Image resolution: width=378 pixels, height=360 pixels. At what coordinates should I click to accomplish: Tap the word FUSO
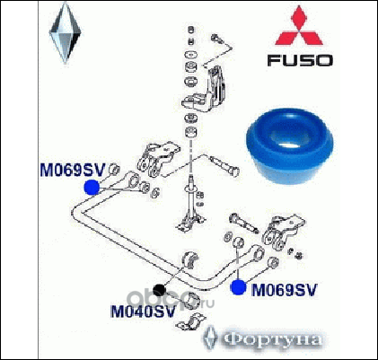point(300,60)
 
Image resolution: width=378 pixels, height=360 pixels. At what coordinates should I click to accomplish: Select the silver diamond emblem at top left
point(66,34)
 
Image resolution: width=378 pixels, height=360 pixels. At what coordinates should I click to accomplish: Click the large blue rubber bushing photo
point(289,146)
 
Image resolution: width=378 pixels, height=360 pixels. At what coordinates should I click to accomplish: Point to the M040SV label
point(143,312)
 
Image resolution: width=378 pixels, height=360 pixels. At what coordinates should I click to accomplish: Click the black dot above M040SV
point(159,290)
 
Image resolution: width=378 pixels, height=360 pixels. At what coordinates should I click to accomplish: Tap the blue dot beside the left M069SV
point(92,188)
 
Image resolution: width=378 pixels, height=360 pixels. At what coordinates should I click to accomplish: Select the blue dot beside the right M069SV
point(238,287)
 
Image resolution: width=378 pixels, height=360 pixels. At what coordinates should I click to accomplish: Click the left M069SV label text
point(73,171)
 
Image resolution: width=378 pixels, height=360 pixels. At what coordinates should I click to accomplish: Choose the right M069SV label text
point(284,290)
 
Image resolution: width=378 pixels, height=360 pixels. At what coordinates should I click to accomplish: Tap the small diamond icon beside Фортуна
point(211,338)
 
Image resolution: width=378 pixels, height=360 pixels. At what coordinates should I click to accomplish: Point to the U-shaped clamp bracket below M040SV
point(190,322)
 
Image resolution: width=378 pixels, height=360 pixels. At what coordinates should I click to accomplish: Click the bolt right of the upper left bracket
point(224,165)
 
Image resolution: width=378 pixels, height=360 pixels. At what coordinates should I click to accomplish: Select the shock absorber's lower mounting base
point(190,222)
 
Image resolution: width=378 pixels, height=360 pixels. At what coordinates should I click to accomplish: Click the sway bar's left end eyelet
point(133,180)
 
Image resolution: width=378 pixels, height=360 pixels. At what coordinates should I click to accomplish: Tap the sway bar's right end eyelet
point(258,253)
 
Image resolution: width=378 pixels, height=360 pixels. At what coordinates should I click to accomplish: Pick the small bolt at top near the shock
point(216,38)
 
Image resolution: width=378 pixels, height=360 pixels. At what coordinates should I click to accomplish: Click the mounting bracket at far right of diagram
point(283,232)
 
